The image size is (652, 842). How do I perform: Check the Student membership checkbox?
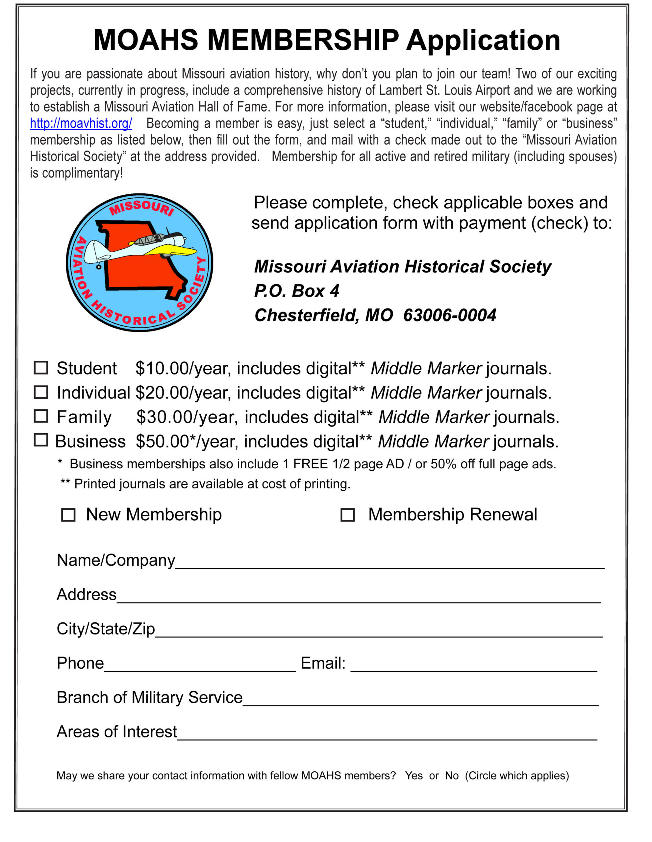click(41, 368)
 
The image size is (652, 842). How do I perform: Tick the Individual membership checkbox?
click(41, 392)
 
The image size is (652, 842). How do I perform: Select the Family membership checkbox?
click(41, 416)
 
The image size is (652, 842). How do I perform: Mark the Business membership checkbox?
click(41, 440)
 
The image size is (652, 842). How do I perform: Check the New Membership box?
click(68, 515)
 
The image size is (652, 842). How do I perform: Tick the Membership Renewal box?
click(347, 515)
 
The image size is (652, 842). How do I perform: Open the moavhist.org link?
click(81, 123)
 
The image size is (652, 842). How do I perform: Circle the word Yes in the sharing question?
click(414, 776)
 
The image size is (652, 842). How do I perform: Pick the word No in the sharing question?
click(452, 776)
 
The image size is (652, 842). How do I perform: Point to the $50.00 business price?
click(162, 441)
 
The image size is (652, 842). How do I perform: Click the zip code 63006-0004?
click(450, 315)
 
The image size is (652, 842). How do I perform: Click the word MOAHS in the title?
click(146, 40)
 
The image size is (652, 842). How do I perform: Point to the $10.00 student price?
click(162, 369)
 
